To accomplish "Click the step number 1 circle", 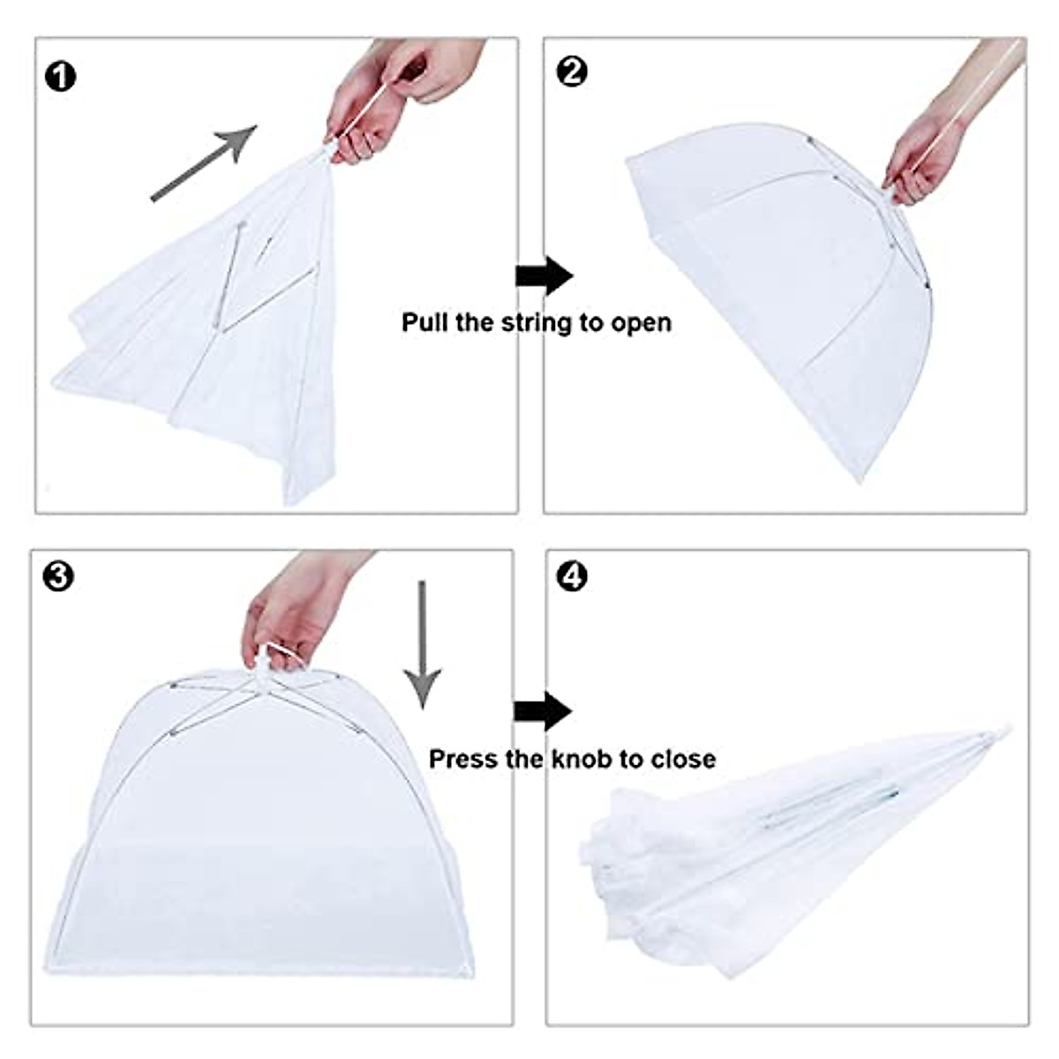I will pyautogui.click(x=61, y=77).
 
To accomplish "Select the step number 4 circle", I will pyautogui.click(x=573, y=577).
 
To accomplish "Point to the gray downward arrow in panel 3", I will pyautogui.click(x=423, y=644).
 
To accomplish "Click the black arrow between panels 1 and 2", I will pyautogui.click(x=544, y=275).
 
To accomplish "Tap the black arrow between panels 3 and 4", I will pyautogui.click(x=543, y=711).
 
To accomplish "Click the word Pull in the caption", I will pyautogui.click(x=425, y=322).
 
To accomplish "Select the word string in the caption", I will pyautogui.click(x=537, y=322).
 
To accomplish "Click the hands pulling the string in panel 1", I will pyautogui.click(x=388, y=97).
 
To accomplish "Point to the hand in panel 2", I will pyautogui.click(x=935, y=150).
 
